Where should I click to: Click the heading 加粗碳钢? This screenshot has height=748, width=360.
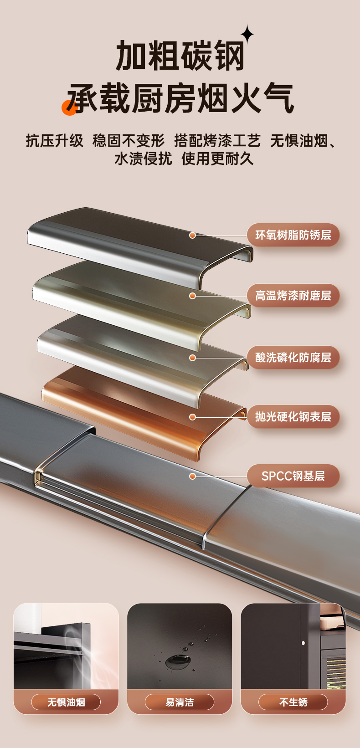click(180, 56)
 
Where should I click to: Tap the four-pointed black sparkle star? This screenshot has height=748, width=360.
click(247, 34)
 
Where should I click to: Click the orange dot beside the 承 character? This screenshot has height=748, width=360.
click(69, 108)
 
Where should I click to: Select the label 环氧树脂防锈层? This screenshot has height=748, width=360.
click(293, 235)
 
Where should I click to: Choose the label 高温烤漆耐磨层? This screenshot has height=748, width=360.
click(293, 296)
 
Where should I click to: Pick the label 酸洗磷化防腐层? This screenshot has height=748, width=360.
click(293, 358)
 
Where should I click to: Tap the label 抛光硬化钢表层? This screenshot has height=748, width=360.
click(293, 417)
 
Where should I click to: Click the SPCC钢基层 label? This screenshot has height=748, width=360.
click(293, 476)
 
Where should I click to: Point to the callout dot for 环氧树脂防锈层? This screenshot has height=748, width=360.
click(193, 235)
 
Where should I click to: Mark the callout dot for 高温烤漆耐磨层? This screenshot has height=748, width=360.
click(193, 296)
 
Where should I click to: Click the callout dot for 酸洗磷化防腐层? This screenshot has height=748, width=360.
click(193, 358)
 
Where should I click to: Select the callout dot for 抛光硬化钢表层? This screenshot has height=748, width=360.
click(193, 417)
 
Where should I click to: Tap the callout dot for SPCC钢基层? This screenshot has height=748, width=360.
click(193, 476)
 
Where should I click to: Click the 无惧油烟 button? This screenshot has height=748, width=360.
click(66, 702)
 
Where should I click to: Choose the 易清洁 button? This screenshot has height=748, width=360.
click(180, 702)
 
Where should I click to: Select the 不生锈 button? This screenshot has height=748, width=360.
click(293, 702)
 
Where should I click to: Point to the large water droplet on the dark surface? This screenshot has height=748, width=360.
click(175, 661)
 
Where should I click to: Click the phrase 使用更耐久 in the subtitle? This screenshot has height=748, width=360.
click(217, 159)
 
